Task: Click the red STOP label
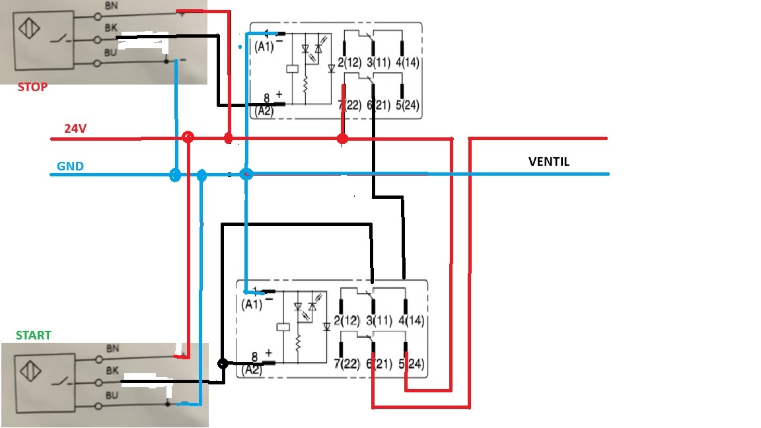32,87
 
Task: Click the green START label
34,336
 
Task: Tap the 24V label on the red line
75,129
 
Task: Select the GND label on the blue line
71,166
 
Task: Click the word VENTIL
549,161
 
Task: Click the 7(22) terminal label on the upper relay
349,105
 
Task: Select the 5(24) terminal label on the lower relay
412,364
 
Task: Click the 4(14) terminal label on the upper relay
408,63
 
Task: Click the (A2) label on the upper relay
264,110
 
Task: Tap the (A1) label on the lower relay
252,304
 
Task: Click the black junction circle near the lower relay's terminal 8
223,363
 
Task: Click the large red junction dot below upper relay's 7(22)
342,139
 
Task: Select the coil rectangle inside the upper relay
291,69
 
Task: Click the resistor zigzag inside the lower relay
299,343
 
